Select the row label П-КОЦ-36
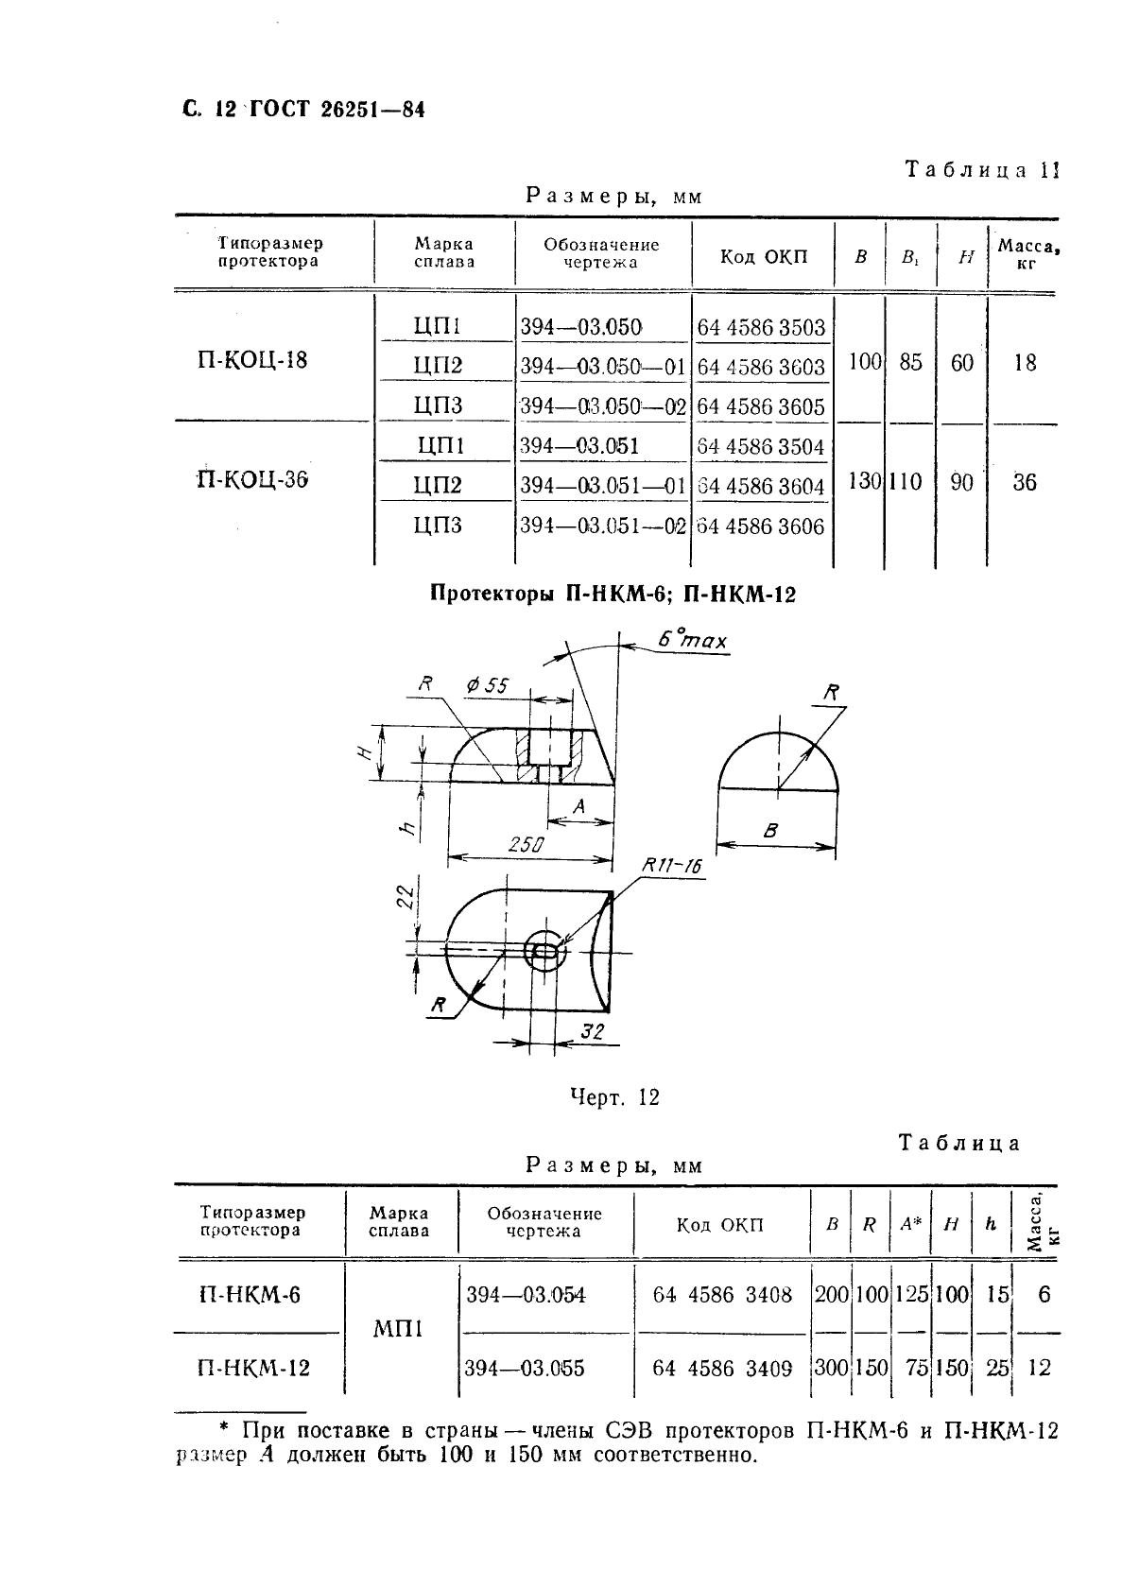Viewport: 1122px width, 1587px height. click(252, 480)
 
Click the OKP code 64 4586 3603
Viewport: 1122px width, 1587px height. click(761, 367)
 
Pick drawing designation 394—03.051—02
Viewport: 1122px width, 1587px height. click(602, 526)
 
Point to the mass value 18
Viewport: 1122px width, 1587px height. click(1024, 362)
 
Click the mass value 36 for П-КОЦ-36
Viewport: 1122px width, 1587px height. click(1024, 482)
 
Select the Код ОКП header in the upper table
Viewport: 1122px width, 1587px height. click(764, 256)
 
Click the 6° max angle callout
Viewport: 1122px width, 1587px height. click(693, 641)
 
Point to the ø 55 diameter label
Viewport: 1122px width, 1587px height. click(488, 684)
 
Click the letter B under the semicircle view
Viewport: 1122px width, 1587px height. click(770, 831)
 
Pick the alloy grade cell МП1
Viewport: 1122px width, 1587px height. click(398, 1329)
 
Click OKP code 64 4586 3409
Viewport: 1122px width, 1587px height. click(722, 1368)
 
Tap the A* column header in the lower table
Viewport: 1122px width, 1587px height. click(910, 1224)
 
